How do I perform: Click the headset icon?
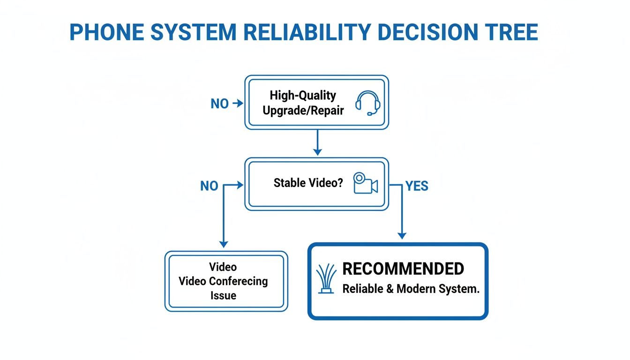pos(367,103)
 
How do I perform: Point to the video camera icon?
pos(365,183)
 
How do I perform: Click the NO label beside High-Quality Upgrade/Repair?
pos(219,104)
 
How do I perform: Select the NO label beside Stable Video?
pos(209,186)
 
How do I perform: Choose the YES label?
pos(417,186)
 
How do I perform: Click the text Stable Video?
pos(308,183)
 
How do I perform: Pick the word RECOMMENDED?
pos(403,269)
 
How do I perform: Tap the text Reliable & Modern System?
pos(411,289)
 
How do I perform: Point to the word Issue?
pos(223,296)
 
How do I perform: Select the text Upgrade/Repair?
pos(303,111)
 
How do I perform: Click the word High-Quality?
pos(303,96)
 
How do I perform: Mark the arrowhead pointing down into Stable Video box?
pos(317,151)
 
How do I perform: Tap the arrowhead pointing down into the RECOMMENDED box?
pos(401,235)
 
